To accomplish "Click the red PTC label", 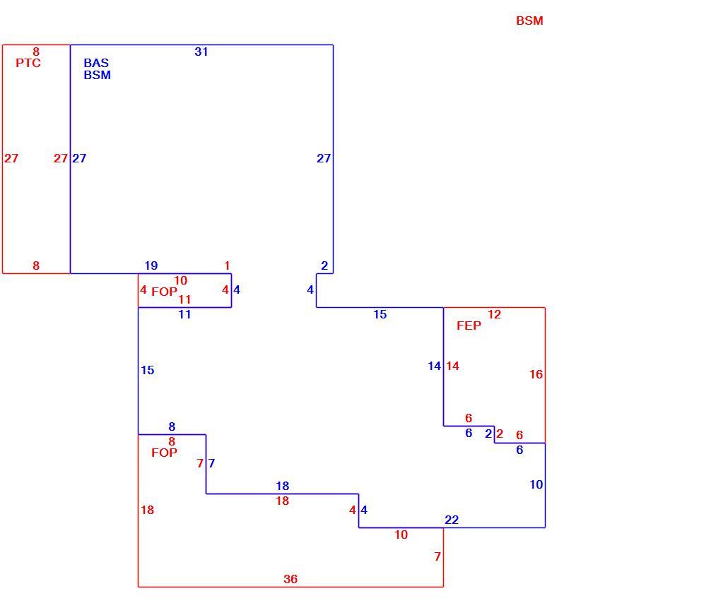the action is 28,63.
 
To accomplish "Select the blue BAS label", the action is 96,63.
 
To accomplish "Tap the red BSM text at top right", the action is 529,20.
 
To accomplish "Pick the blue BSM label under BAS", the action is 97,75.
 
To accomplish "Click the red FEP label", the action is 469,326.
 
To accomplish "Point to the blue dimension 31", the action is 201,52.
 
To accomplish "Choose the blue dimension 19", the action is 151,265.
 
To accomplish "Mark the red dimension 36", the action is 290,579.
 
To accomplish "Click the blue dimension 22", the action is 451,520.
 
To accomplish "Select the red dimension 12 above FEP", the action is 494,314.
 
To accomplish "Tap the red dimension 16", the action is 536,374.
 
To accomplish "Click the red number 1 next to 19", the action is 227,265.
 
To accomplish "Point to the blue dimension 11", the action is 184,314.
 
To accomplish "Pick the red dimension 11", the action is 184,299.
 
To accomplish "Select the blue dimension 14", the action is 434,366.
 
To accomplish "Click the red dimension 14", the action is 452,366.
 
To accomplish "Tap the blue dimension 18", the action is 282,486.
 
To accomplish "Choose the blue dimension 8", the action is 172,426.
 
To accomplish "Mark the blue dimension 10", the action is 536,484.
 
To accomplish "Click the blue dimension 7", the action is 212,463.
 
